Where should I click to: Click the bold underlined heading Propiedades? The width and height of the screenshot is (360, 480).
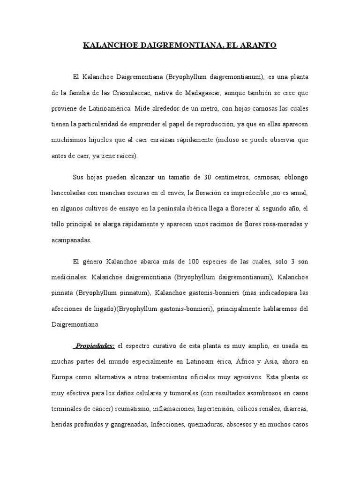[95, 345]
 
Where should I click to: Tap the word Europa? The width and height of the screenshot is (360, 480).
[64, 377]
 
